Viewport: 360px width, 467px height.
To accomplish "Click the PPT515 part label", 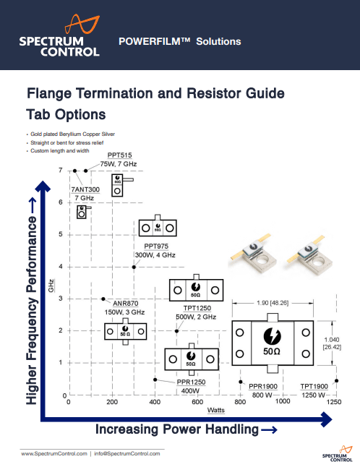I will tap(119, 155).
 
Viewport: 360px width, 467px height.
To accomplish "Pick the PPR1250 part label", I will tap(192, 382).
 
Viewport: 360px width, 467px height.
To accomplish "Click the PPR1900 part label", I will tap(265, 387).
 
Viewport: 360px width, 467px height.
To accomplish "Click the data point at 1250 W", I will tap(336, 380).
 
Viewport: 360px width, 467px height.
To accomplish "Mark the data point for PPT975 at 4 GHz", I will tap(134, 267).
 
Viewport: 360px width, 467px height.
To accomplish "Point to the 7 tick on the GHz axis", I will tap(60, 171).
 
